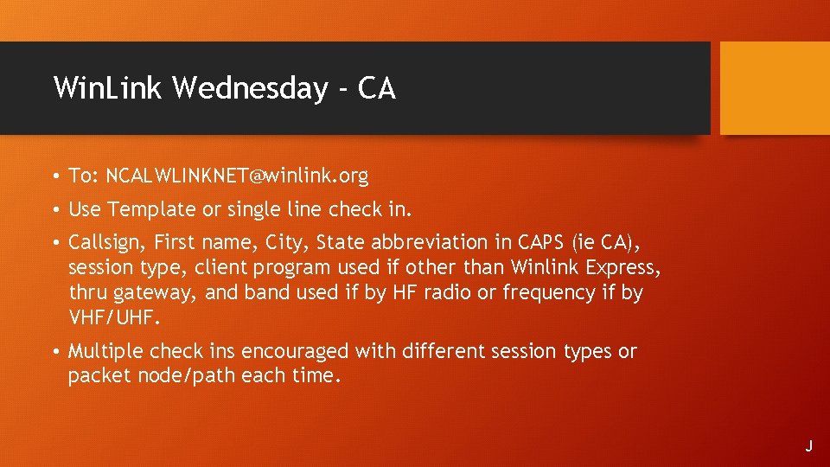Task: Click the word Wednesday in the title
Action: pyautogui.click(x=251, y=88)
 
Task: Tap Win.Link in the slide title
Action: pyautogui.click(x=108, y=88)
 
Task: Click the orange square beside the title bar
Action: pyautogui.click(x=775, y=88)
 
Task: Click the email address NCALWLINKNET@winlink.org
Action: pyautogui.click(x=236, y=176)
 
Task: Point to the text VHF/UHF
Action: pyautogui.click(x=114, y=317)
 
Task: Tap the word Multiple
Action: pyautogui.click(x=105, y=351)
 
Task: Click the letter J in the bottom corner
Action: pyautogui.click(x=809, y=446)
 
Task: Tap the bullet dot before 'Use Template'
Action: pyautogui.click(x=54, y=210)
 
